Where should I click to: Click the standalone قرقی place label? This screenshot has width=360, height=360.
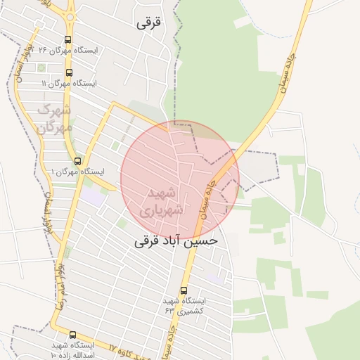coord(148,22)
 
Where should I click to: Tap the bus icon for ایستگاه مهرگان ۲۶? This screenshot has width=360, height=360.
coord(67,40)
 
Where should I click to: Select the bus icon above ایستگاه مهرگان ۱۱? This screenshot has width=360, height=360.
coord(69,72)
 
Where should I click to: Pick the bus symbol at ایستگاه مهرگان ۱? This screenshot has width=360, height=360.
coord(77,160)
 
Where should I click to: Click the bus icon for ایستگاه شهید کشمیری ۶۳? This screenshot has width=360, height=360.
coord(184,290)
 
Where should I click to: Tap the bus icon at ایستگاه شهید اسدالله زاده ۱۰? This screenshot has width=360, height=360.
coord(72,335)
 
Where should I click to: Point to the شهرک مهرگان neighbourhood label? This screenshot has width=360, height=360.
coord(53,119)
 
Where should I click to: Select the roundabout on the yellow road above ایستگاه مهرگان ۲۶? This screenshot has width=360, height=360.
coord(70,15)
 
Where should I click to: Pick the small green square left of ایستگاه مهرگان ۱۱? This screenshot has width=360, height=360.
coord(41,68)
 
